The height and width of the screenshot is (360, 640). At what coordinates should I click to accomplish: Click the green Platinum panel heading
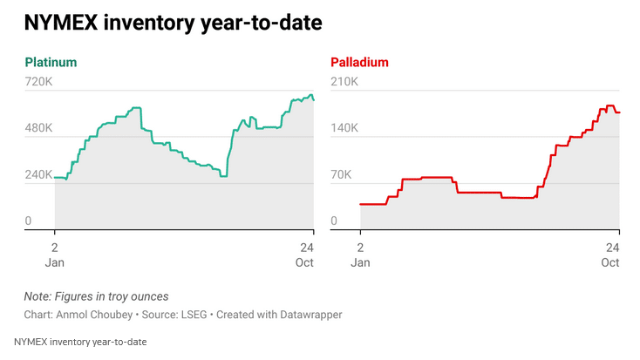tap(51, 63)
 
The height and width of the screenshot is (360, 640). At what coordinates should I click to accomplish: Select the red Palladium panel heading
tap(359, 63)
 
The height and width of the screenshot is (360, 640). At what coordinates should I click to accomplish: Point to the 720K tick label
tap(39, 82)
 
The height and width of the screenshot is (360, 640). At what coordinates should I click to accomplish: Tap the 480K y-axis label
tap(39, 128)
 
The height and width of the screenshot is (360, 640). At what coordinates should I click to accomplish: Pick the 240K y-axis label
tap(39, 174)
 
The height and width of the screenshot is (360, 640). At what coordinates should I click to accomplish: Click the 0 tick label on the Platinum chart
tap(28, 221)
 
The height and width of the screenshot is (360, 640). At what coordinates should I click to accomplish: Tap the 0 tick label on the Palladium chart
tap(334, 221)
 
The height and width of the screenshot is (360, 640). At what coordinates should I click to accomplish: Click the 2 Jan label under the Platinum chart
tap(54, 254)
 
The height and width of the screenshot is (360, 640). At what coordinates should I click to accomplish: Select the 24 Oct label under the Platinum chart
tap(305, 254)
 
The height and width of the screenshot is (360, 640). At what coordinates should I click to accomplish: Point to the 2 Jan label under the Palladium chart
tap(360, 254)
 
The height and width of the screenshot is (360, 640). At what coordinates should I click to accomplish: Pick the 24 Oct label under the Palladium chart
tap(611, 254)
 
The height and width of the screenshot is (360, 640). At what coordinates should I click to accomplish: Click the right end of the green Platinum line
tap(314, 99)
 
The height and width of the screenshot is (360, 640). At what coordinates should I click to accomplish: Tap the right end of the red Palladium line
tap(619, 112)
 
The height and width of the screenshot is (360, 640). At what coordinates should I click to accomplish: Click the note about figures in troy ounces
tap(96, 296)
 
